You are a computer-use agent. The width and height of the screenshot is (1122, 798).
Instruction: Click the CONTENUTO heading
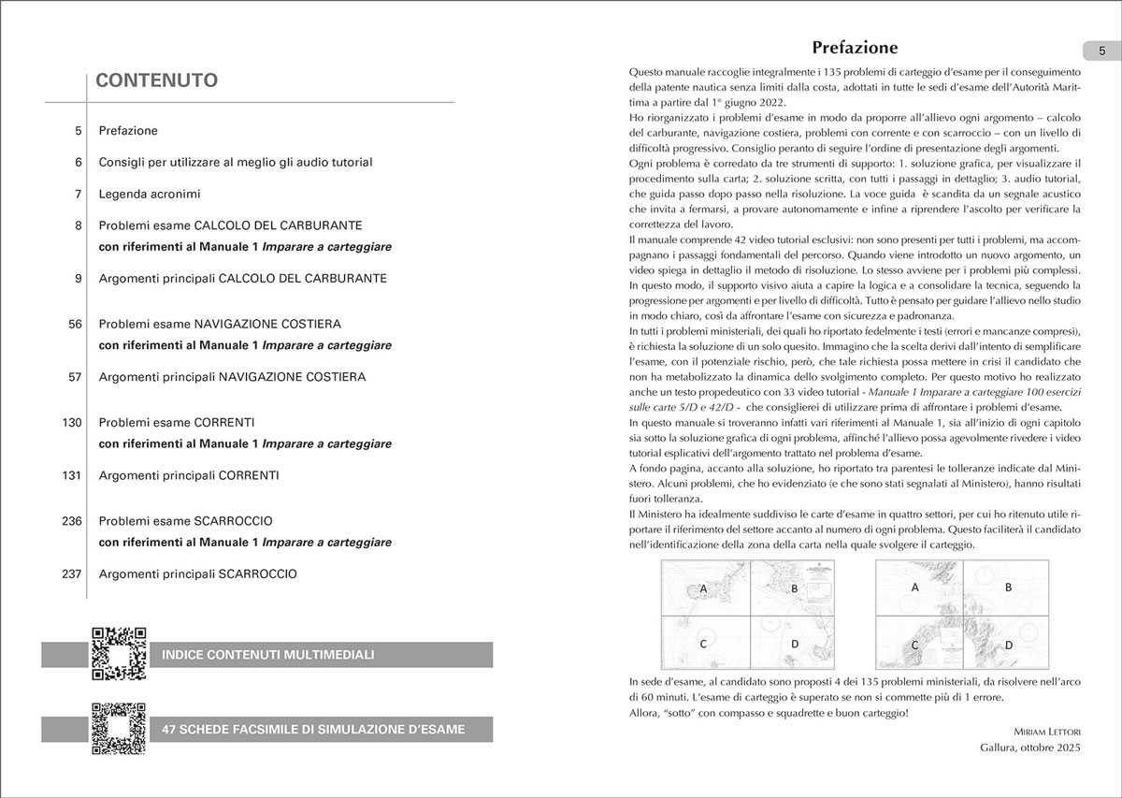pyautogui.click(x=157, y=80)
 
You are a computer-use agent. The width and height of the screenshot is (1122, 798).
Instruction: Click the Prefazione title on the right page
pyautogui.click(x=855, y=47)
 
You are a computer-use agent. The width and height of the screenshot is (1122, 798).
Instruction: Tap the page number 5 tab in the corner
pyautogui.click(x=1101, y=51)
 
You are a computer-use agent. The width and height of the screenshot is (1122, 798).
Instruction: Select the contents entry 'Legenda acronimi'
pyautogui.click(x=150, y=194)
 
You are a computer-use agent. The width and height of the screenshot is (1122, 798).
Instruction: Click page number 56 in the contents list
pyautogui.click(x=76, y=324)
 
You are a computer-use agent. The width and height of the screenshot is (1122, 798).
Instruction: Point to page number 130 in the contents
pyautogui.click(x=73, y=423)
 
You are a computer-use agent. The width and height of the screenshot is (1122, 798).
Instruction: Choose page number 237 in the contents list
pyautogui.click(x=73, y=573)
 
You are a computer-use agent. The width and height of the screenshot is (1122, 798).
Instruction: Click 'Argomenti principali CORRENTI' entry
pyautogui.click(x=189, y=475)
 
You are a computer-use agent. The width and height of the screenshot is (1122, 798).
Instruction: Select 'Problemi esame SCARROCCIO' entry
pyautogui.click(x=185, y=520)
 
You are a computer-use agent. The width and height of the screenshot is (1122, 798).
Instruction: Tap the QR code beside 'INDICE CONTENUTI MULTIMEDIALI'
pyautogui.click(x=119, y=653)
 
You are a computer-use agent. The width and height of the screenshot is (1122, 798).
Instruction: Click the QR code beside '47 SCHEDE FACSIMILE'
pyautogui.click(x=119, y=729)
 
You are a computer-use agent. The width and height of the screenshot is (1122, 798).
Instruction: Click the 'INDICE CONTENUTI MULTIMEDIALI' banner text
pyautogui.click(x=267, y=654)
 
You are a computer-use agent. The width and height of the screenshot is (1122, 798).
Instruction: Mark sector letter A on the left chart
pyautogui.click(x=700, y=588)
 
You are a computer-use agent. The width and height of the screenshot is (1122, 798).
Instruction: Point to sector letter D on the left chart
pyautogui.click(x=794, y=644)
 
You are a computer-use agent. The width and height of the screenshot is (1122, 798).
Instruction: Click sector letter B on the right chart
pyautogui.click(x=1008, y=588)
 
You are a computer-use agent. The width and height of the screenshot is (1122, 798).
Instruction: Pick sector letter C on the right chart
pyautogui.click(x=914, y=645)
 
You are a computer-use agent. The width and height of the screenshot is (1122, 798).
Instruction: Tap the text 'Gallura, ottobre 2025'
pyautogui.click(x=1029, y=748)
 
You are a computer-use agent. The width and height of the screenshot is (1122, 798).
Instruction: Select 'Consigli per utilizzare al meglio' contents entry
pyautogui.click(x=236, y=162)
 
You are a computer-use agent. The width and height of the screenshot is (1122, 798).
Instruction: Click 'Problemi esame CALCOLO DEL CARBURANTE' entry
pyautogui.click(x=230, y=225)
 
